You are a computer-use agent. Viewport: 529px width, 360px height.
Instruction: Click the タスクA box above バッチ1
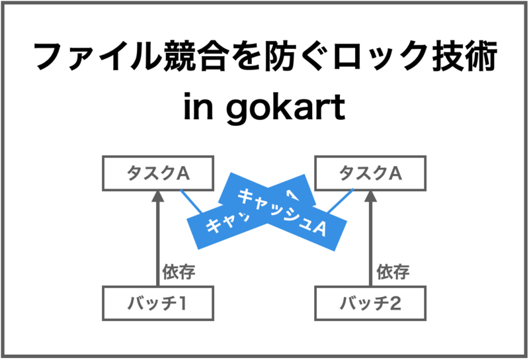pos(159,173)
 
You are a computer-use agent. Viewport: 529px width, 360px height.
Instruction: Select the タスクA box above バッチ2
pos(370,173)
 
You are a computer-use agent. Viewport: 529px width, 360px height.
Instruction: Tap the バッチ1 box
pos(159,304)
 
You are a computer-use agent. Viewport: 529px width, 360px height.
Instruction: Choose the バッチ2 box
pos(370,304)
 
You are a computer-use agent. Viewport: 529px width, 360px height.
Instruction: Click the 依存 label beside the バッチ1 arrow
pos(179,271)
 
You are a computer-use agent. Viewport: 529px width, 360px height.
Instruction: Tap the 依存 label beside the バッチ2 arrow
pos(393,271)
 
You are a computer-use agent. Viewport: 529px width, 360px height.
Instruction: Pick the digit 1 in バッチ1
pos(183,304)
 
